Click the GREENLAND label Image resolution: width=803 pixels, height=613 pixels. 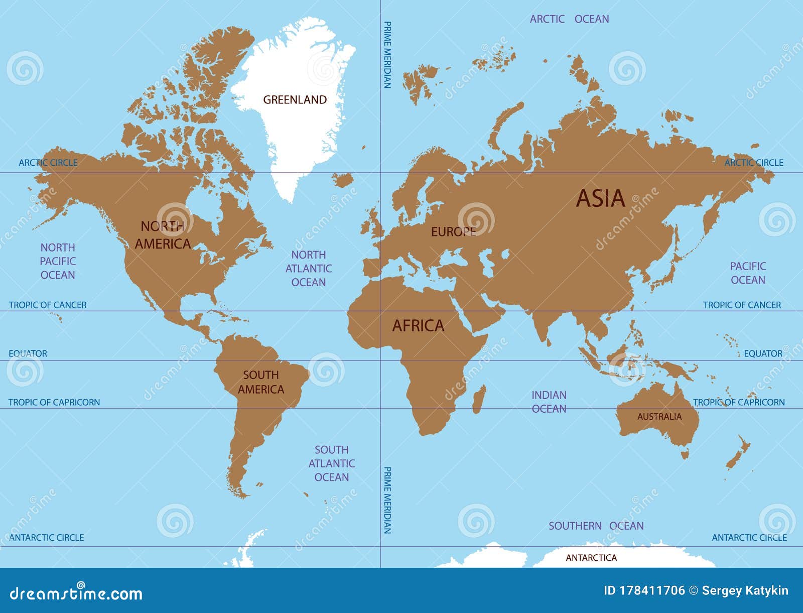coord(295,100)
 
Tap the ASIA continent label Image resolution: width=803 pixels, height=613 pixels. coord(600,199)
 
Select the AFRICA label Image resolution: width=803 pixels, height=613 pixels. coord(418,326)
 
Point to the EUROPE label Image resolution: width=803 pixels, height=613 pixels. coord(453,232)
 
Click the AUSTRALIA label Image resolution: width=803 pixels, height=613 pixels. coord(659,417)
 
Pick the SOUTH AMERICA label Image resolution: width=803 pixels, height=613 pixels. coord(261,382)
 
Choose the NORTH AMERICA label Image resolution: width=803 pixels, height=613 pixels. coord(163,235)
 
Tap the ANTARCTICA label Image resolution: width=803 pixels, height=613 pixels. coord(591,558)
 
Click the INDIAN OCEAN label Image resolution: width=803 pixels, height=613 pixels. coord(549,402)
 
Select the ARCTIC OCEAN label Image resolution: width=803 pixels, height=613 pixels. coord(569,19)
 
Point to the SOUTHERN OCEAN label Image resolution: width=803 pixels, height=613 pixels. coord(596,526)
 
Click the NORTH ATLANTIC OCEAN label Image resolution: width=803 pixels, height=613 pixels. coord(309,269)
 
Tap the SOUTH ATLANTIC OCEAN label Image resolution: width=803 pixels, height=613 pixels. coord(331,463)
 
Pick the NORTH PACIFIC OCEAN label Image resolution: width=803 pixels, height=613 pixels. coord(58,261)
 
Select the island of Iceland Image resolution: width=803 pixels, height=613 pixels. coord(343,180)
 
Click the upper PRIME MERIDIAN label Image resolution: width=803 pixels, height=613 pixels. coord(387,55)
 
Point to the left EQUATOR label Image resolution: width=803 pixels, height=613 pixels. coord(28,353)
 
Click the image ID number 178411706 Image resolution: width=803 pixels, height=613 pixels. coord(644,591)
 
